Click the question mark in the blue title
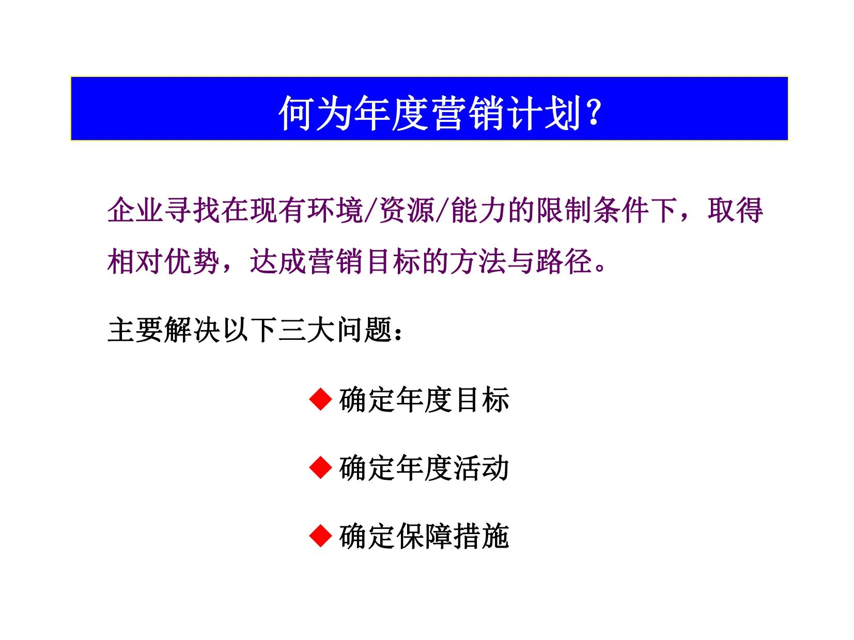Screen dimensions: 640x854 click(x=594, y=112)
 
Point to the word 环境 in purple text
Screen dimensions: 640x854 click(x=336, y=210)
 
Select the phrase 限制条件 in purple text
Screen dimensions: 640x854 click(x=592, y=210)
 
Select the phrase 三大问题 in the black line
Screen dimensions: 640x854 click(x=336, y=330)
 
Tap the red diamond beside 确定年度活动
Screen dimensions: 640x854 click(x=320, y=468)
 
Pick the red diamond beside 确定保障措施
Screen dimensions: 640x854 click(x=320, y=536)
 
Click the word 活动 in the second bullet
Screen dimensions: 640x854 click(x=481, y=468)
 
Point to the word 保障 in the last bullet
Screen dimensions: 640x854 click(x=424, y=536)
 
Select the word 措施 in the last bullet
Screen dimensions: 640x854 click(x=481, y=536)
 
